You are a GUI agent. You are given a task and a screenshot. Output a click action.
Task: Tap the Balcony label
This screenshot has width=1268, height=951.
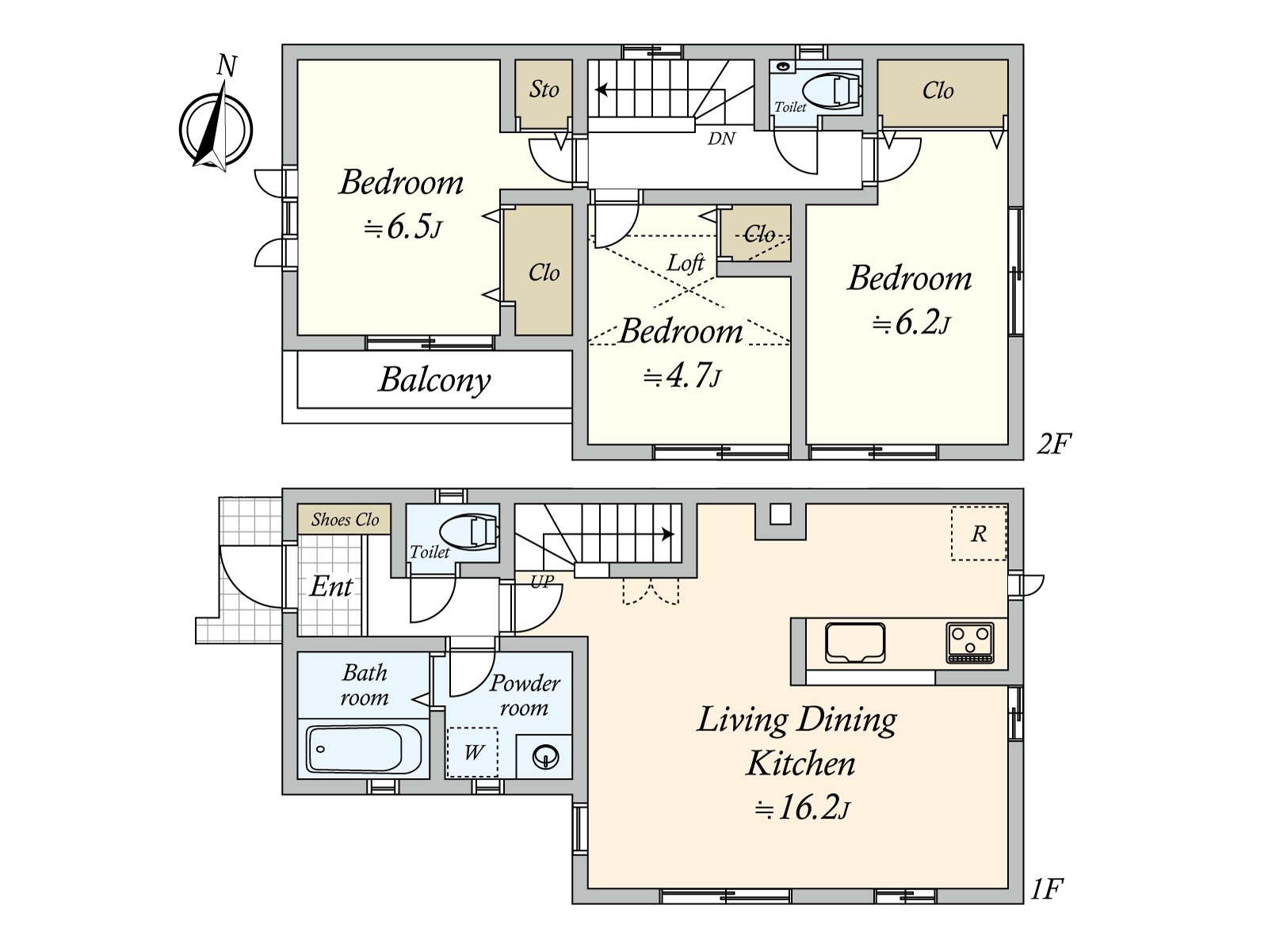point(434,380)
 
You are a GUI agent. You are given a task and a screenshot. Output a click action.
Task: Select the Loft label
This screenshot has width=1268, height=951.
point(686,263)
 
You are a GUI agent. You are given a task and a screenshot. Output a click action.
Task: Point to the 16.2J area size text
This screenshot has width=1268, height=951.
point(803,808)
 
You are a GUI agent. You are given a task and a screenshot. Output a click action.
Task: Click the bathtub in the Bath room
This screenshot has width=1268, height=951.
point(364,749)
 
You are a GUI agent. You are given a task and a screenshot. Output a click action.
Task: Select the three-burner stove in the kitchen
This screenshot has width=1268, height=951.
point(970,642)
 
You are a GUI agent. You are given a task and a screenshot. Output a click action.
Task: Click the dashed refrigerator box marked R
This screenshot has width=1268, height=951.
point(979,533)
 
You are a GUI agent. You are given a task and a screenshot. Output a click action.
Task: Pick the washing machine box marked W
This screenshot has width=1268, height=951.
point(472,752)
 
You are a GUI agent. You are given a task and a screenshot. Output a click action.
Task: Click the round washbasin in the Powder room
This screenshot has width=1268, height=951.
point(545,756)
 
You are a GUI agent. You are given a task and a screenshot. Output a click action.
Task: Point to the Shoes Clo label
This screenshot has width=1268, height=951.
point(345,520)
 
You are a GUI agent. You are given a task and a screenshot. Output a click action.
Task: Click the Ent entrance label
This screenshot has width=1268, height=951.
point(331,586)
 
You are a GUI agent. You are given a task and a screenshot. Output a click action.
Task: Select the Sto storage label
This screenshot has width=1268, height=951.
point(544,90)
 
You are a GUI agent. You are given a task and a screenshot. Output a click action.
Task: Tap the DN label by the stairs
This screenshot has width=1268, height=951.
point(721,139)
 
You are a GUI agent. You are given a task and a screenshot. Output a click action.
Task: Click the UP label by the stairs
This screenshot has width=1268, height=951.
point(542,581)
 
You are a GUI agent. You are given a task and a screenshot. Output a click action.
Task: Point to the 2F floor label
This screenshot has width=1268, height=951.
point(1054,445)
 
